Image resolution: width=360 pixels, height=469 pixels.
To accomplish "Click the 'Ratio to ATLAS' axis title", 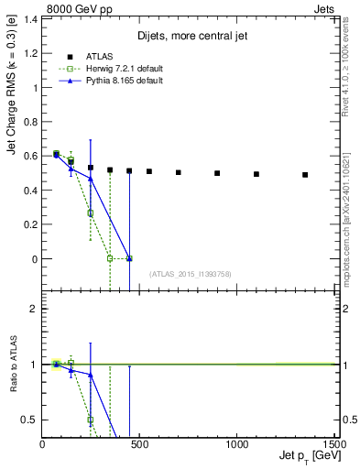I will click(14, 366).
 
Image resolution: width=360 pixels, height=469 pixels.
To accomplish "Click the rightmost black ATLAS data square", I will click(305, 175).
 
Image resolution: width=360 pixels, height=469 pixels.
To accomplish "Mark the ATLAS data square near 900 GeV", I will click(217, 173).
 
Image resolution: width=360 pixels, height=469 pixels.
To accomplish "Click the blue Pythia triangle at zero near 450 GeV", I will click(129, 258).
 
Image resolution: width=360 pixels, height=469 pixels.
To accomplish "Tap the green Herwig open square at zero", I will click(110, 258).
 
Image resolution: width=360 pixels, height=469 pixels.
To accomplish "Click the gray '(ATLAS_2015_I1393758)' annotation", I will click(190, 274).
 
